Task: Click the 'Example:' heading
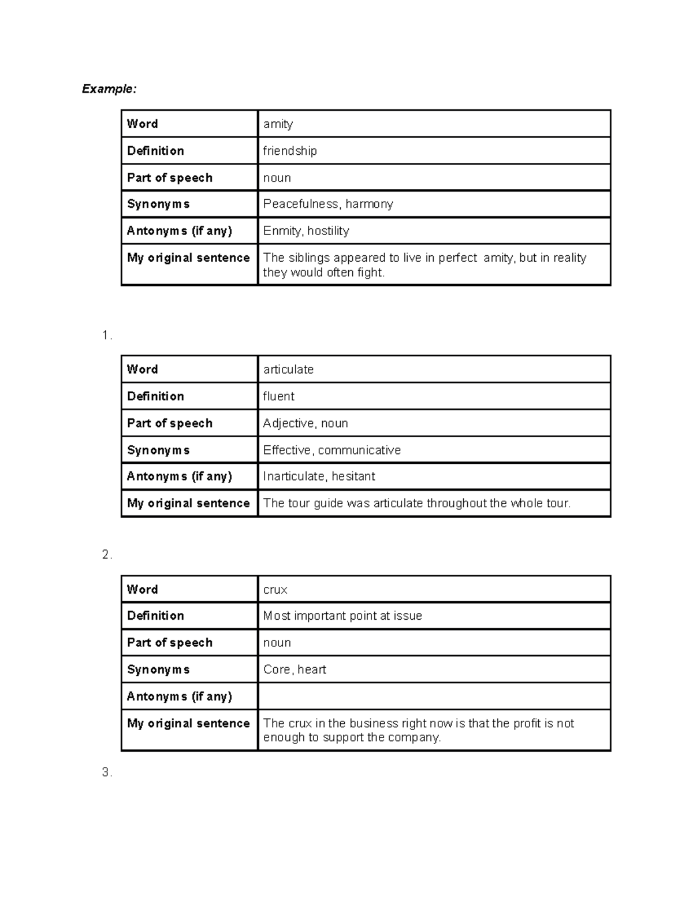click(109, 89)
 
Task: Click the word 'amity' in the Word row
click(278, 124)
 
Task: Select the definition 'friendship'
click(290, 151)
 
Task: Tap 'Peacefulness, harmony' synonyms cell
click(328, 204)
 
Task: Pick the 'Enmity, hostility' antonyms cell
click(306, 231)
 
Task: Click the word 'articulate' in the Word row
click(288, 370)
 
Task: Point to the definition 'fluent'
click(278, 396)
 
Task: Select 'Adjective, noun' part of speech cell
click(305, 423)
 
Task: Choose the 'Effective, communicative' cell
click(331, 450)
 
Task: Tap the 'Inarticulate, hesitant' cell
click(319, 477)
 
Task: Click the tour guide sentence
click(416, 503)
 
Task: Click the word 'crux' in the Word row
click(275, 590)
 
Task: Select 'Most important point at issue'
click(342, 616)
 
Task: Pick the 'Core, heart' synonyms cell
click(295, 669)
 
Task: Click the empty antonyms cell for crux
click(433, 696)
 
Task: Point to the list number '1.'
click(107, 336)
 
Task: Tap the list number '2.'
click(107, 555)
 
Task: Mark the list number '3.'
click(107, 773)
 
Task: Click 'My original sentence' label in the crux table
click(188, 723)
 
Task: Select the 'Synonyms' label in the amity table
click(158, 204)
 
